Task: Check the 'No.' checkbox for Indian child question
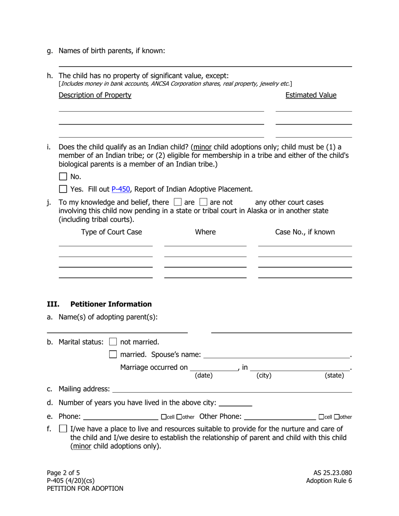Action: tap(63, 177)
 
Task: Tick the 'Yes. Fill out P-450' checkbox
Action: tap(63, 189)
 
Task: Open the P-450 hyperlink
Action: tap(121, 189)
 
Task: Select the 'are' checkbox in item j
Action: tap(178, 202)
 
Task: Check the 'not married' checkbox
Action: tap(113, 342)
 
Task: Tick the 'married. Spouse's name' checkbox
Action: tap(113, 354)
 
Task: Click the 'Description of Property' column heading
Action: tap(95, 95)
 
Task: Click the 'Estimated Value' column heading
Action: tap(311, 95)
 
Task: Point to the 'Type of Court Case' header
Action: tap(112, 232)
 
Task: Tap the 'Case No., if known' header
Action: tap(305, 232)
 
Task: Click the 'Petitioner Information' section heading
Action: tap(111, 304)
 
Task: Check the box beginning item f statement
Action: tap(63, 429)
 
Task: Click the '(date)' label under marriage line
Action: tap(204, 375)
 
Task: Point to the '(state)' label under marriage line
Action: tap(334, 375)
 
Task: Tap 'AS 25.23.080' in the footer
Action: tap(330, 473)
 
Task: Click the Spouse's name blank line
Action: tap(276, 355)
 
